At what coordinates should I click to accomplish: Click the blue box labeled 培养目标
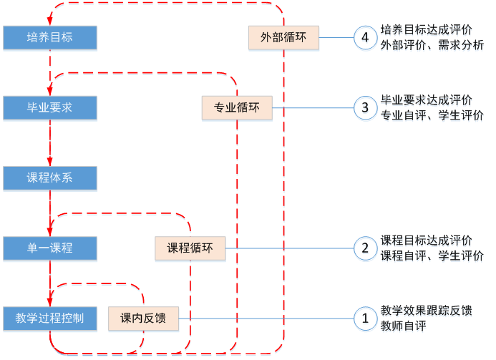coord(49,38)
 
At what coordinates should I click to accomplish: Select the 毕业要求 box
coord(49,108)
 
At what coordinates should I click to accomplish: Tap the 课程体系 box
coord(49,178)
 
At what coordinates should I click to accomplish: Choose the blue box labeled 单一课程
coord(49,248)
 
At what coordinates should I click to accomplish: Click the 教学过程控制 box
coord(54,318)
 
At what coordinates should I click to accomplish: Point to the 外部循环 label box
coord(283,38)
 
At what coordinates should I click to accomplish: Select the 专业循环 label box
coord(237,108)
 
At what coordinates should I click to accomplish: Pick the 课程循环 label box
coord(190,248)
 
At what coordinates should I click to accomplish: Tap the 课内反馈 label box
coord(143,318)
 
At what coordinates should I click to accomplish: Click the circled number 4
coord(365,39)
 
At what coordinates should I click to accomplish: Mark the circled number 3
coord(365,109)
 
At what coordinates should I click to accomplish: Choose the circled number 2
coord(365,248)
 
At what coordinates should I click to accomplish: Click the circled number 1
coord(365,318)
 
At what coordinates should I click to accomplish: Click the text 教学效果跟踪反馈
coord(427,312)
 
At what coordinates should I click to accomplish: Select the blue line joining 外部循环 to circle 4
coord(336,38)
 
